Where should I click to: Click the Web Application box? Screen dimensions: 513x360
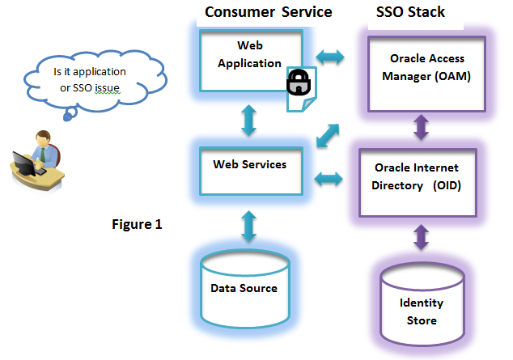(x=251, y=61)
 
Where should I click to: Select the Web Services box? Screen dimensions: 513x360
(x=251, y=171)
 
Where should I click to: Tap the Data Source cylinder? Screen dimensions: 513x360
(x=245, y=289)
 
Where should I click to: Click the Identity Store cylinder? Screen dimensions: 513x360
(x=422, y=304)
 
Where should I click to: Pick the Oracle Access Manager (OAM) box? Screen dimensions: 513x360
(x=426, y=74)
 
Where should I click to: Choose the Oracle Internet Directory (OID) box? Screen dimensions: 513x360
(x=418, y=183)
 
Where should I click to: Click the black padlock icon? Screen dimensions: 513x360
(x=299, y=83)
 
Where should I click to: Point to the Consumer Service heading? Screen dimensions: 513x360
(x=269, y=12)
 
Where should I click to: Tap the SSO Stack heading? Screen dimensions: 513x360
(x=410, y=12)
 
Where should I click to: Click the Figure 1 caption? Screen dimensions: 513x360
(x=137, y=224)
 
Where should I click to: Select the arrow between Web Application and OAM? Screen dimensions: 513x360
(x=330, y=57)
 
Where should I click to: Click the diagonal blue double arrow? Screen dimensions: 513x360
(x=328, y=135)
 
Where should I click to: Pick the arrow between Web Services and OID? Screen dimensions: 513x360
(x=329, y=179)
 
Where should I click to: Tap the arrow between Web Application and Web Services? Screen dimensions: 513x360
(x=248, y=120)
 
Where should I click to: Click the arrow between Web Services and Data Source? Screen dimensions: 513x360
(x=248, y=226)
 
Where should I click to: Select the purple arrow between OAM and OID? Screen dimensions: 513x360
(x=421, y=127)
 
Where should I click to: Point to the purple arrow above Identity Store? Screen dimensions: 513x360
(x=421, y=237)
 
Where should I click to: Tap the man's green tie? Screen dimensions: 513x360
(x=43, y=155)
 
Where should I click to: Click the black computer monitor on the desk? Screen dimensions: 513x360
(x=24, y=163)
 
